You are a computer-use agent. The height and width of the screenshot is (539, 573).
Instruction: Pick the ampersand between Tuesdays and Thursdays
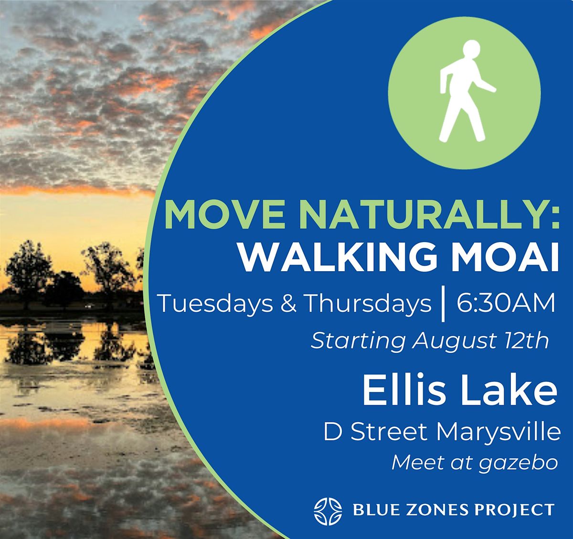click(288, 304)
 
